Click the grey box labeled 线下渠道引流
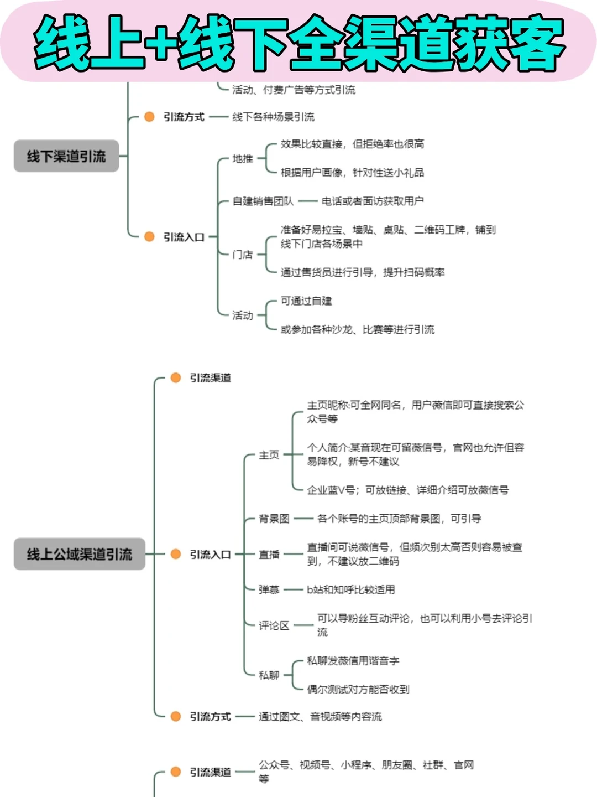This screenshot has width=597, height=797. click(66, 157)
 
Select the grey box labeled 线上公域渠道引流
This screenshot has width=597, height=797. click(80, 554)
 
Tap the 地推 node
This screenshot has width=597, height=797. click(243, 159)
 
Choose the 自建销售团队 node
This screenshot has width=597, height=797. click(263, 201)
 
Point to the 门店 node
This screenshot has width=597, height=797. click(243, 255)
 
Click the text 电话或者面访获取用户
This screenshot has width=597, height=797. click(373, 201)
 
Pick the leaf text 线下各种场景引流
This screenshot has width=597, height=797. click(273, 117)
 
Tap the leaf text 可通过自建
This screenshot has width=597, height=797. click(306, 301)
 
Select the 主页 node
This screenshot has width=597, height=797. click(269, 455)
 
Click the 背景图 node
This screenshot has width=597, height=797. click(274, 519)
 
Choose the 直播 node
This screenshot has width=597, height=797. click(269, 555)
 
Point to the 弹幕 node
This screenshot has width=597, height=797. click(269, 590)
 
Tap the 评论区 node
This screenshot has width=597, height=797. click(274, 625)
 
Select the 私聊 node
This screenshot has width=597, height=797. click(269, 675)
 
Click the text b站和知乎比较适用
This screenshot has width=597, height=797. click(351, 590)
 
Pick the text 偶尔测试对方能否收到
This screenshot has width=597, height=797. click(358, 689)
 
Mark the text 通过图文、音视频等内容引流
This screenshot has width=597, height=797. click(320, 717)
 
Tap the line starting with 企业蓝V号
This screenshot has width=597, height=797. click(408, 490)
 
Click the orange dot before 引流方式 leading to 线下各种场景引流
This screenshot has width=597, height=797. click(149, 117)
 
